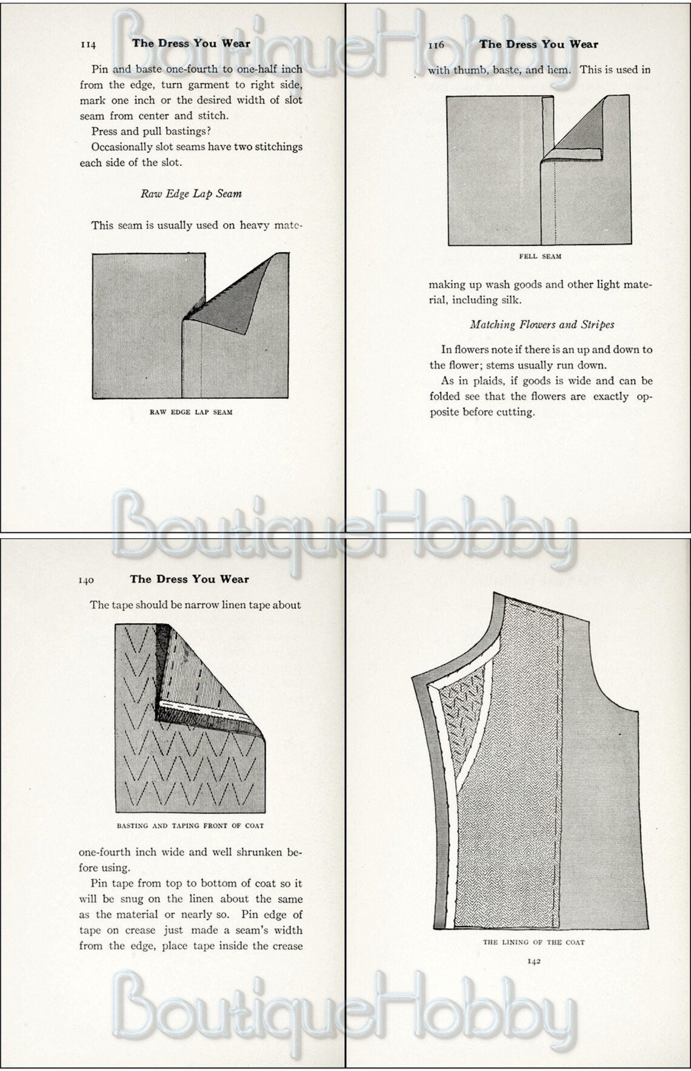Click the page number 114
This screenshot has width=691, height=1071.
pos(88,45)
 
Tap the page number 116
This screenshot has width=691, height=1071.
pos(436,45)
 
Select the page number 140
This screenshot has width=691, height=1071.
pos(86,581)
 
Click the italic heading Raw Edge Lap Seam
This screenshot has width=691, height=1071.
pos(191,194)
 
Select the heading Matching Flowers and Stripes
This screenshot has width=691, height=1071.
pos(542,325)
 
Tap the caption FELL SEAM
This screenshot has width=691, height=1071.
pos(540,256)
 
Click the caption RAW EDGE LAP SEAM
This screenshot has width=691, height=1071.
pos(191,412)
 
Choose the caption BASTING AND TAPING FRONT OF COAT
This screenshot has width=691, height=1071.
pos(190,826)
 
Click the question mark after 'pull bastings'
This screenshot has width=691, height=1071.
pos(209,132)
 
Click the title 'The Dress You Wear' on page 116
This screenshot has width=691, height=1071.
pos(538,44)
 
